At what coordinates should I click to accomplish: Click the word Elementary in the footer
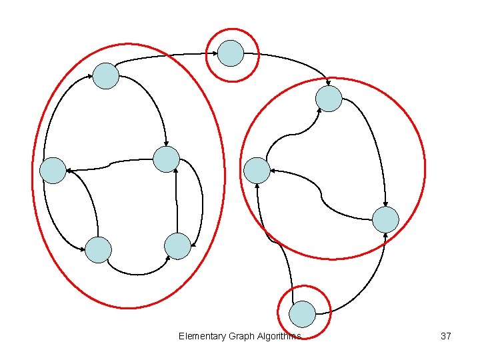pos(202,336)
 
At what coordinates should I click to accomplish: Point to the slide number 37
pos(446,336)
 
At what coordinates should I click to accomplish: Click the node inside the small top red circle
pos(231,53)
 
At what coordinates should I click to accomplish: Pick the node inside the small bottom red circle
pos(303,314)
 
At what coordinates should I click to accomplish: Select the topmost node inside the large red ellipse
pos(105,76)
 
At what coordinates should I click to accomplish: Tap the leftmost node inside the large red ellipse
pos(53,171)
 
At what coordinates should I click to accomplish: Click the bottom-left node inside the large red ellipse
pos(98,250)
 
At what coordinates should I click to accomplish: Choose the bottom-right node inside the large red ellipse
pos(177,246)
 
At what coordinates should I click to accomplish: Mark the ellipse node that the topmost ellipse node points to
pos(166,159)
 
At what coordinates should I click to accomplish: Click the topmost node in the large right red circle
pos(329,99)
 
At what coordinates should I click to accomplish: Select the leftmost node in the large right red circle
pos(257,171)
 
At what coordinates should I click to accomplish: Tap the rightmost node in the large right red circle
pos(385,219)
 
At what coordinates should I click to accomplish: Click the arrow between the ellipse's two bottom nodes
pos(137,273)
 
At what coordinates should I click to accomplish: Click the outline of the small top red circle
pos(231,29)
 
